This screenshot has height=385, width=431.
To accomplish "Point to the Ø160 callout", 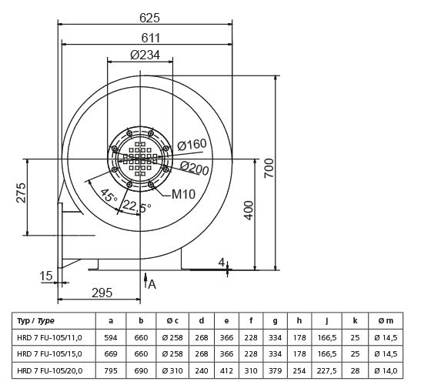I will point(192,145).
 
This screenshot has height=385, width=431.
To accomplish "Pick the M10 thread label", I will point(183,193).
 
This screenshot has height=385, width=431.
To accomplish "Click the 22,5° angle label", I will point(138,206).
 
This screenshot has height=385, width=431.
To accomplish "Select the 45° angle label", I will point(109,197).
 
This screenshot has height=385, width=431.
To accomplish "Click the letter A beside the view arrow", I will point(152,284).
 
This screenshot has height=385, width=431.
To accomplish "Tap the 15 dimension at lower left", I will point(45,276).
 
